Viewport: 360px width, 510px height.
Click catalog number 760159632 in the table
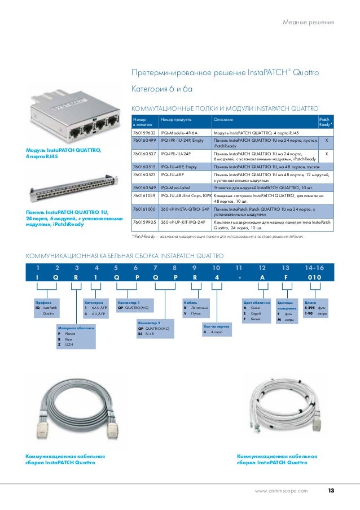143,132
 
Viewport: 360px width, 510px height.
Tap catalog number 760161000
143,209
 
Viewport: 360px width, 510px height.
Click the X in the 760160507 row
326,154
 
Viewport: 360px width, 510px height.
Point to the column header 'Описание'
223,120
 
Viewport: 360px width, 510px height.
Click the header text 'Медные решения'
308,23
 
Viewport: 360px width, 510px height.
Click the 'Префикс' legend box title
43,302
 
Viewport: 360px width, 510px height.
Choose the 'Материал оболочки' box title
75,328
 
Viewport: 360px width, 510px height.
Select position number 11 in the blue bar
239,267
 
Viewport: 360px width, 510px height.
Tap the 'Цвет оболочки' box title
254,302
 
